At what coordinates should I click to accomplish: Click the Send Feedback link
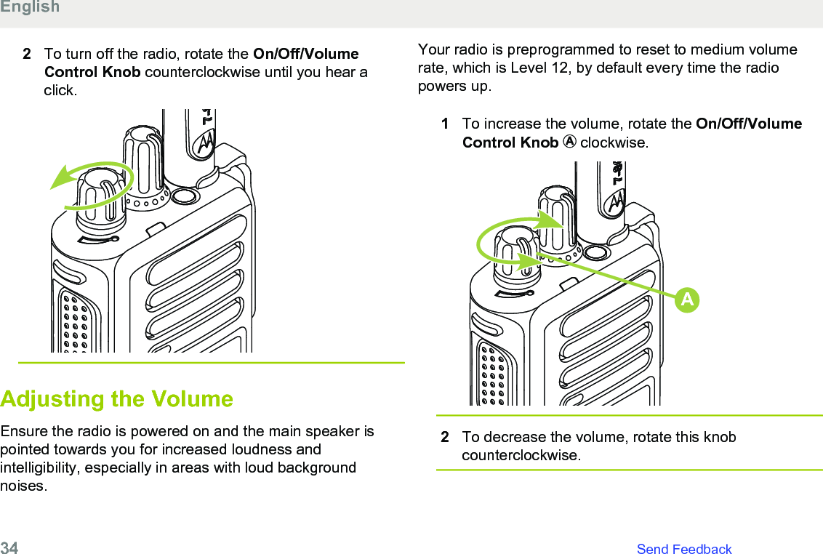tap(683, 549)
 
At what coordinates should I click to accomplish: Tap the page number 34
tap(9, 548)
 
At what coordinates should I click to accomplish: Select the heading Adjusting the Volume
tap(117, 399)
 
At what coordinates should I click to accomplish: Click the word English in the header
tap(30, 7)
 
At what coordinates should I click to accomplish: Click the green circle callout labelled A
tap(687, 300)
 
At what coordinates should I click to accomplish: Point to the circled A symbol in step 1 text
tap(569, 142)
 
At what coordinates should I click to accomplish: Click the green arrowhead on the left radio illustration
tap(60, 179)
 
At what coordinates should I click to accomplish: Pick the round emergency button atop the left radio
tap(185, 196)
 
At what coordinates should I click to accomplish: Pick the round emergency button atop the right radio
tap(595, 253)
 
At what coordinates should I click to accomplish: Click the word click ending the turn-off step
tap(59, 91)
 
